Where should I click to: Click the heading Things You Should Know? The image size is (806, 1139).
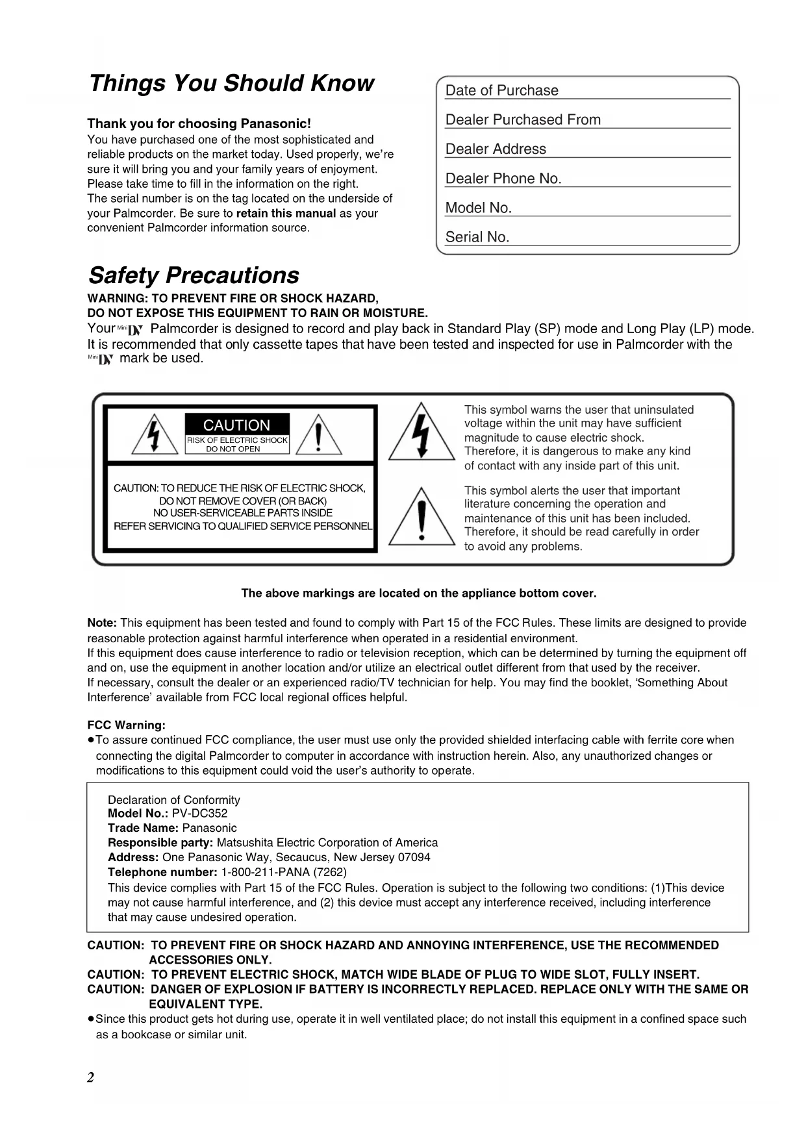(231, 84)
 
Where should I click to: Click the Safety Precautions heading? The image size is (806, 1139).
(194, 275)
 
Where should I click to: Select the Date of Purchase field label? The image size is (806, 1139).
(501, 91)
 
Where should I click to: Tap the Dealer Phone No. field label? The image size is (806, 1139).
(503, 179)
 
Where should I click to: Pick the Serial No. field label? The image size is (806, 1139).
(477, 238)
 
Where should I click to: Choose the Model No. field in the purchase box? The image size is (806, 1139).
(479, 208)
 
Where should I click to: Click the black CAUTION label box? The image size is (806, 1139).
(236, 425)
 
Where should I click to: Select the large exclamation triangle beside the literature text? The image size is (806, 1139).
(422, 518)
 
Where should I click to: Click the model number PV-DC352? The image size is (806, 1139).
(199, 814)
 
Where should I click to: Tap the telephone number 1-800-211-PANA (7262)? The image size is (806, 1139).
(284, 872)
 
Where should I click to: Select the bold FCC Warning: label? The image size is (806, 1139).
(127, 725)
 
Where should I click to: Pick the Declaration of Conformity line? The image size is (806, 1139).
(173, 800)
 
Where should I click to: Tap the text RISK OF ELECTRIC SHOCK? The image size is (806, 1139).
(237, 440)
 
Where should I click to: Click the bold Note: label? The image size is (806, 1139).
(102, 623)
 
